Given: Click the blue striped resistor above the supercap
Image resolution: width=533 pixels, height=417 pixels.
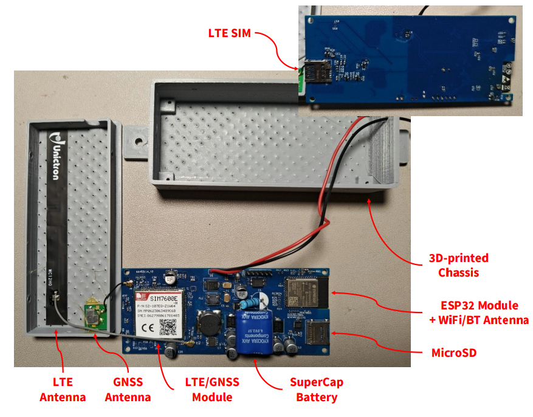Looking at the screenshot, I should coord(250,302).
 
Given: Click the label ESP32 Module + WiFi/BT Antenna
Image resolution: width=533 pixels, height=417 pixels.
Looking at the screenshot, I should coord(484,312).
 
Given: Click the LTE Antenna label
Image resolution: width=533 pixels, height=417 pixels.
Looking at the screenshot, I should coord(63,390).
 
